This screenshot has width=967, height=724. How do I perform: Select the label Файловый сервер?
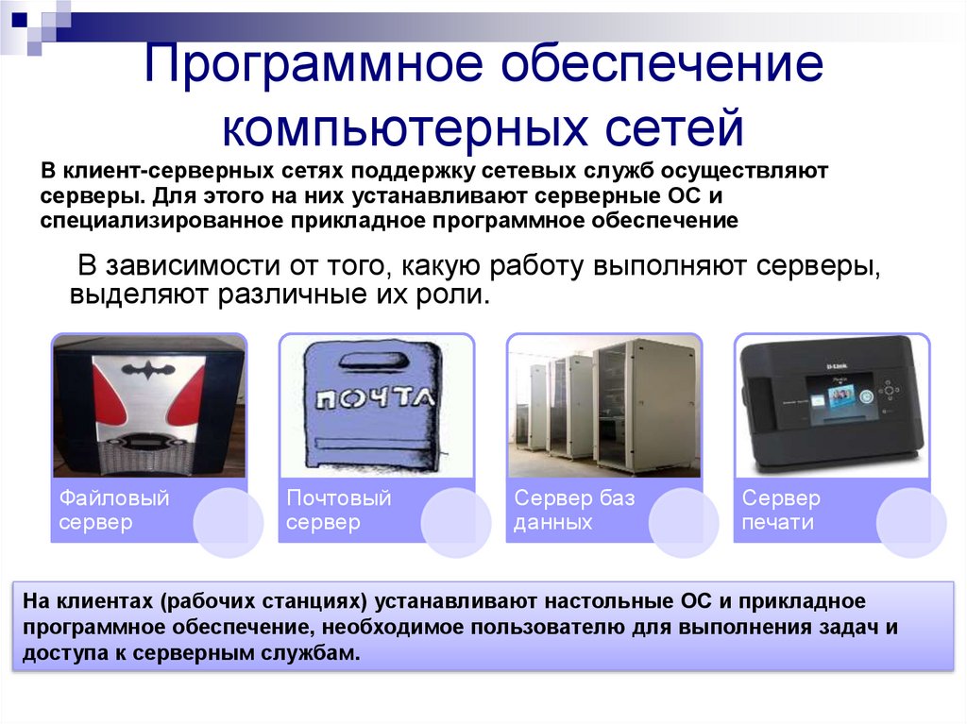pos(114,510)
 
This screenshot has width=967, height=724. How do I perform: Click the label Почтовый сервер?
pos(338,510)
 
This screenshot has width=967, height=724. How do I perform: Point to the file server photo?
pos(148,407)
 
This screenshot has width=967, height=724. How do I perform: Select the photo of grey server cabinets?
pos(604,406)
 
